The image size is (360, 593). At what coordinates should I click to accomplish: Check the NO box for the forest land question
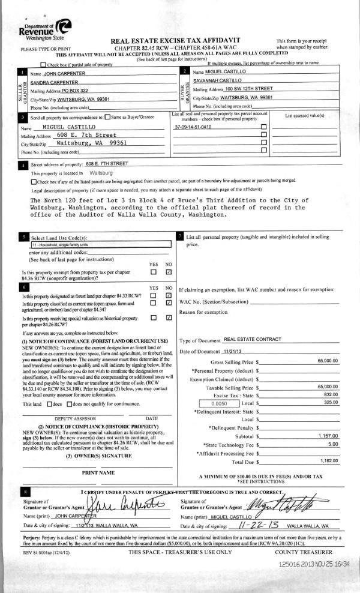169,295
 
